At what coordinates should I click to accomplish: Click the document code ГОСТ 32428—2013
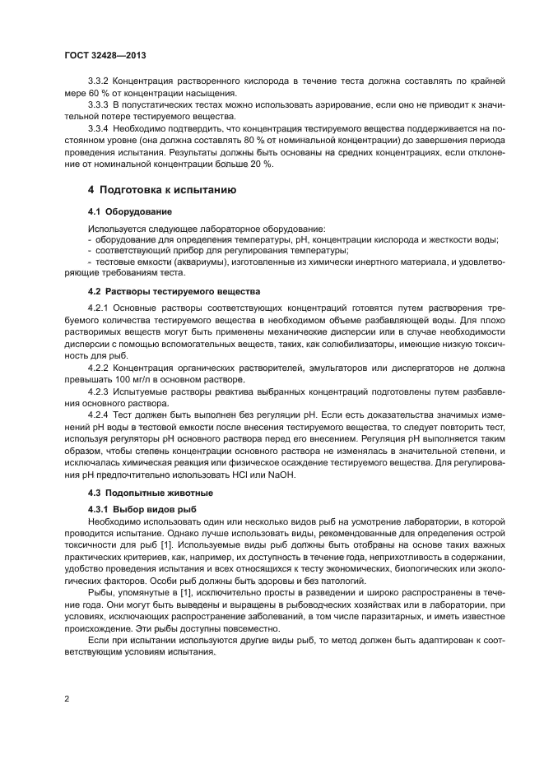click(105, 55)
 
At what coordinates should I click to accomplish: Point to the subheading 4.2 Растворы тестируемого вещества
click(174, 291)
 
